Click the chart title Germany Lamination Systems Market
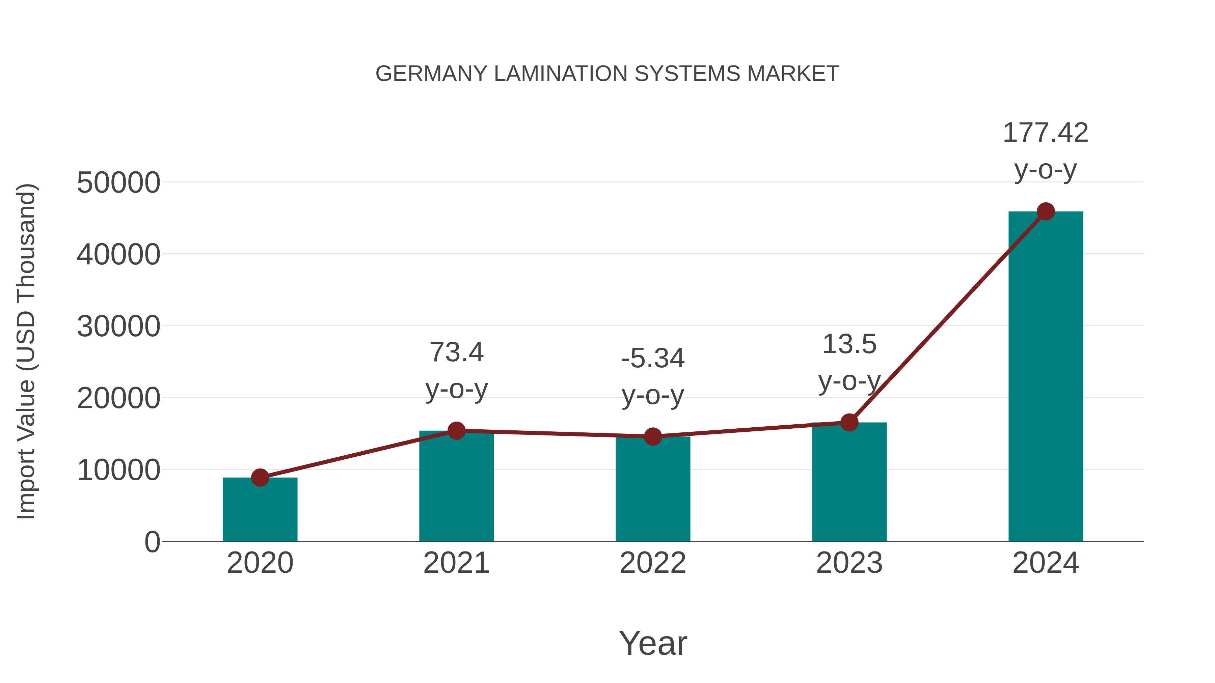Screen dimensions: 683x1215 click(x=607, y=74)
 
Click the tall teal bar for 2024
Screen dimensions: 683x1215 click(x=1046, y=377)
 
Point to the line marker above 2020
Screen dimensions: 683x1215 click(x=260, y=478)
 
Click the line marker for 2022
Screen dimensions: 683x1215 click(x=653, y=436)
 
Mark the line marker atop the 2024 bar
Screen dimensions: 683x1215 click(x=1046, y=211)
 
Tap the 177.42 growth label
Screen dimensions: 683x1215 click(x=1046, y=133)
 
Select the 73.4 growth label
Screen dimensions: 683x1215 click(x=456, y=352)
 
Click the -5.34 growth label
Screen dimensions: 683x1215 click(x=653, y=359)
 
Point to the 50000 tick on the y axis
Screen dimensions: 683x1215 click(x=118, y=183)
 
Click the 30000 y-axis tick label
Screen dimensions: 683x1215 click(x=118, y=326)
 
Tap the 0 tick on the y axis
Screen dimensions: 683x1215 click(x=152, y=542)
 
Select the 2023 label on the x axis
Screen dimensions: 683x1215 click(x=849, y=563)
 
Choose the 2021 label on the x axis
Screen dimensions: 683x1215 click(x=456, y=563)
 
